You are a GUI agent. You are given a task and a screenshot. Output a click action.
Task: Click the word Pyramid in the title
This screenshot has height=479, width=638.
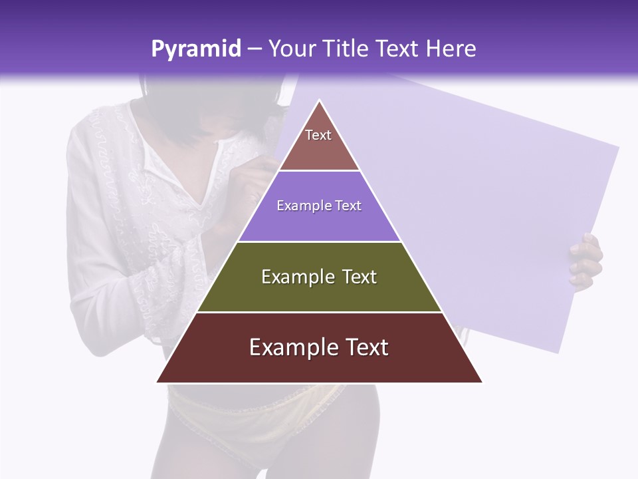[x=195, y=49]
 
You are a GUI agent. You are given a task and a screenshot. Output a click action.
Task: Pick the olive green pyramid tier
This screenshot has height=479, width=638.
[x=319, y=277]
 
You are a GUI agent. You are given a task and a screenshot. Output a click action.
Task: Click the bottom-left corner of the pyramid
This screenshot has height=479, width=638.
[x=158, y=382]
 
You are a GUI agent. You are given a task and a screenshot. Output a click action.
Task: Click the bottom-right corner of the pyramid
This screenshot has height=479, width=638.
[x=482, y=382]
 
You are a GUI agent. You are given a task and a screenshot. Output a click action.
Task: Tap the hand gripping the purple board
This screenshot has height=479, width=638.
[x=586, y=261]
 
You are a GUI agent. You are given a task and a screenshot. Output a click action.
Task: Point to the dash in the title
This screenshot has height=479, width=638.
[x=255, y=49]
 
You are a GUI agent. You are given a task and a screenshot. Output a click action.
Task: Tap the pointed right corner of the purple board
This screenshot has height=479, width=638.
[x=619, y=148]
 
